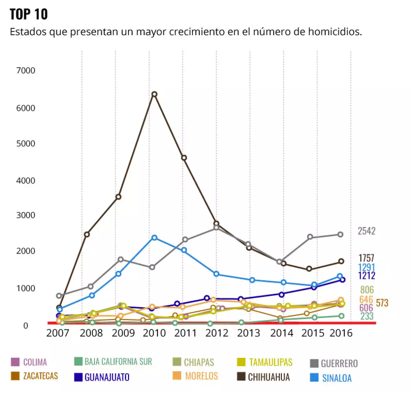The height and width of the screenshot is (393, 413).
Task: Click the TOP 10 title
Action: click(x=29, y=14)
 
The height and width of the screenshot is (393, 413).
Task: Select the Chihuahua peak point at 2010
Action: click(x=155, y=94)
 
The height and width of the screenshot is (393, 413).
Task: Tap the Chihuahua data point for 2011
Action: click(x=184, y=158)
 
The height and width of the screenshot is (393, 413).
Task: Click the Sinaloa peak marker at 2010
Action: click(x=155, y=238)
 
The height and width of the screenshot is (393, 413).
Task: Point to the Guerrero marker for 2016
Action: click(x=340, y=234)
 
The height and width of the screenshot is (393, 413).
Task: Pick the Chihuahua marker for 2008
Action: click(x=87, y=234)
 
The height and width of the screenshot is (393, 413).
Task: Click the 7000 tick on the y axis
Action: click(x=26, y=70)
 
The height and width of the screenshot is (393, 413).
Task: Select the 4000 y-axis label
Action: click(x=26, y=180)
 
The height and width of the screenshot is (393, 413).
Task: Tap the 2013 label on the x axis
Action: click(x=248, y=333)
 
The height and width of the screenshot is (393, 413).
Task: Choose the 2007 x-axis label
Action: click(x=58, y=333)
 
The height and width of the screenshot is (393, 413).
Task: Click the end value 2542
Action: click(x=367, y=231)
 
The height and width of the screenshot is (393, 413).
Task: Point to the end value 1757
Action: click(x=366, y=258)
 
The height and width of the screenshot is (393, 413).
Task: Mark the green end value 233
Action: click(x=367, y=316)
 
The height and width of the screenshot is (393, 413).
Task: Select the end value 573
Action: click(x=382, y=303)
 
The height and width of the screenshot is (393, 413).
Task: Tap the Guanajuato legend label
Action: click(x=107, y=377)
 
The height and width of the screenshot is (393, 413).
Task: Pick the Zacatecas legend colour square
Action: click(x=15, y=376)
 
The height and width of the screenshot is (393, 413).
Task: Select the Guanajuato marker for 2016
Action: click(x=342, y=280)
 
